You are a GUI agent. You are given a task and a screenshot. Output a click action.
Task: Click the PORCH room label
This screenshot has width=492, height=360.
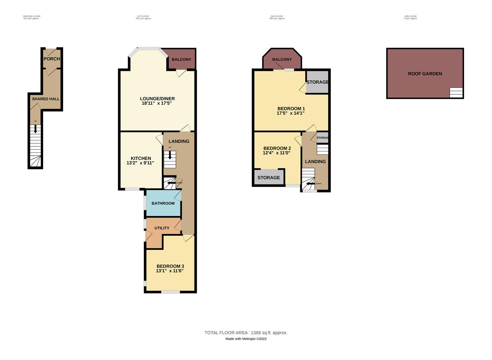[52, 59]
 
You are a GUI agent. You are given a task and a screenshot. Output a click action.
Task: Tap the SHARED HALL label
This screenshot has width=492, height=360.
[46, 99]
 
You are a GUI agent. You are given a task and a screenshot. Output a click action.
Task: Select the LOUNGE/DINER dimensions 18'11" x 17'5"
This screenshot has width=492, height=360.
[157, 103]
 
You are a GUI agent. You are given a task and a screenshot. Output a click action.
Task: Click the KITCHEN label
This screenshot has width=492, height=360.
[141, 158]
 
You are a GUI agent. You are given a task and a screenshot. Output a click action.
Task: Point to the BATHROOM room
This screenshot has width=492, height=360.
[163, 203]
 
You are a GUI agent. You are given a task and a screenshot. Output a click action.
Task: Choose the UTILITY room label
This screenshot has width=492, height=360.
[162, 228]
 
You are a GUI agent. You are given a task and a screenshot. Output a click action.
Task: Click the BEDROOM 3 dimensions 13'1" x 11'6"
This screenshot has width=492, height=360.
[170, 271]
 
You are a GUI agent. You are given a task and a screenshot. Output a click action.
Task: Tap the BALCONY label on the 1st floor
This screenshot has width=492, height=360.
[181, 59]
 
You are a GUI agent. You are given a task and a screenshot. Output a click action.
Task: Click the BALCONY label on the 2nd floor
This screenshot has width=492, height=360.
[282, 59]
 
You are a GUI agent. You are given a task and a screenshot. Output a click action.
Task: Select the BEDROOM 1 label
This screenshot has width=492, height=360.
[291, 109]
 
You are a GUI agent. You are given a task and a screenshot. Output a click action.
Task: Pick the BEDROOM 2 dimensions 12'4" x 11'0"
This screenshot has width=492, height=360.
[277, 153]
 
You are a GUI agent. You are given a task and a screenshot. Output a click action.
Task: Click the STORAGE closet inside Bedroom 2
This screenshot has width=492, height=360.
[269, 178]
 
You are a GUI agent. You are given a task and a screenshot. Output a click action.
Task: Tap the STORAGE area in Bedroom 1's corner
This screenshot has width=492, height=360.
[317, 82]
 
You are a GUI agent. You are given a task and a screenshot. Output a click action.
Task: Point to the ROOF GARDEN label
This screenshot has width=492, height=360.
[425, 74]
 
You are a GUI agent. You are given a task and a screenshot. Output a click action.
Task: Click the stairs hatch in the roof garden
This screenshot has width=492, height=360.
[456, 92]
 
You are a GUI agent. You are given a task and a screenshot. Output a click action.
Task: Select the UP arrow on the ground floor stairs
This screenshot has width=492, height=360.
[35, 129]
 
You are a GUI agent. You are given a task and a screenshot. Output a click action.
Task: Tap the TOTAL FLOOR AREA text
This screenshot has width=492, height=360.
[246, 333]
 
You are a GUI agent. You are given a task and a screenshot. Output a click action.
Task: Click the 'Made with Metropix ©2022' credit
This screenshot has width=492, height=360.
[246, 339]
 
